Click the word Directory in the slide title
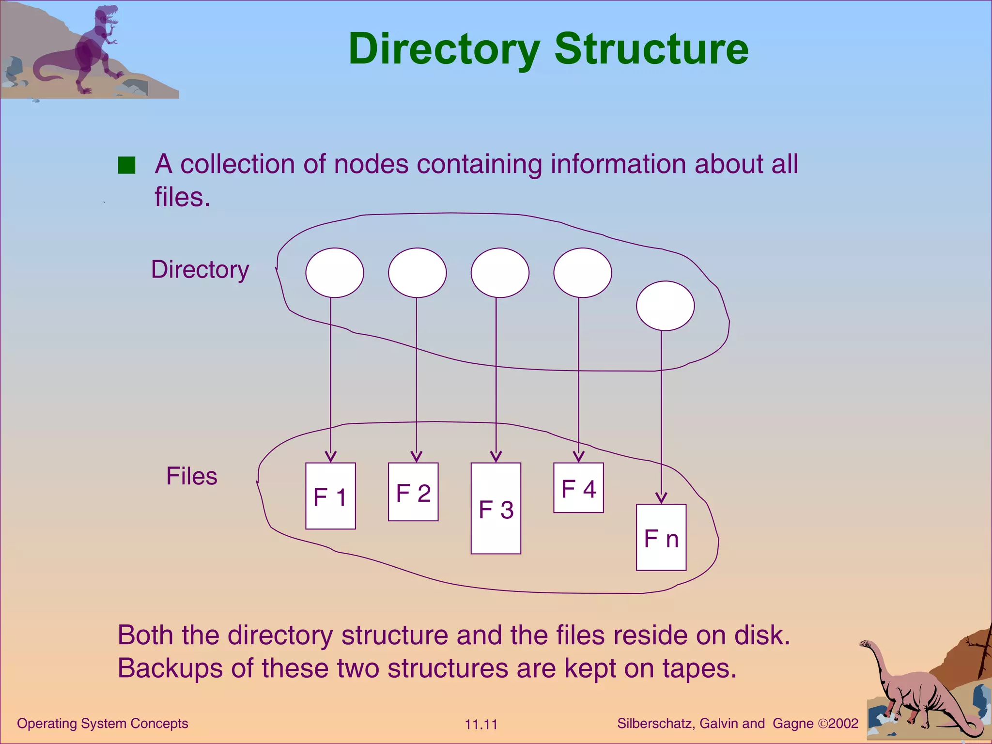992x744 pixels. pyautogui.click(x=444, y=49)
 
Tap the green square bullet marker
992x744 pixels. pyautogui.click(x=126, y=165)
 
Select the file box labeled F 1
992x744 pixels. pyautogui.click(x=330, y=496)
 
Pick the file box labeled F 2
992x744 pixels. pyautogui.click(x=413, y=492)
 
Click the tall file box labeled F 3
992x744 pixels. pyautogui.click(x=496, y=509)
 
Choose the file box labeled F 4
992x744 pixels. pyautogui.click(x=578, y=488)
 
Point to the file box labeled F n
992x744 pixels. pyautogui.click(x=661, y=538)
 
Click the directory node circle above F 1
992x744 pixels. pyautogui.click(x=335, y=273)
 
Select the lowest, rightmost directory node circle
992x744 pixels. pyautogui.click(x=665, y=306)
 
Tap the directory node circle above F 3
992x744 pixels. pyautogui.click(x=500, y=273)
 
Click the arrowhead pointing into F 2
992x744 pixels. pyautogui.click(x=416, y=457)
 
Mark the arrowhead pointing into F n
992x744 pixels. pyautogui.click(x=661, y=498)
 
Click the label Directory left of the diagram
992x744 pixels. pyautogui.click(x=200, y=270)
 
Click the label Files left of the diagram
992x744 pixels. pyautogui.click(x=192, y=476)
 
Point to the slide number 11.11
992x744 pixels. pyautogui.click(x=481, y=725)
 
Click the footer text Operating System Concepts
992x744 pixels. pyautogui.click(x=103, y=724)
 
